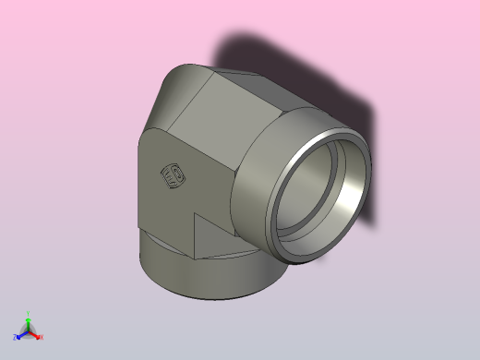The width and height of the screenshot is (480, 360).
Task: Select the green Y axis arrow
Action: [29, 320]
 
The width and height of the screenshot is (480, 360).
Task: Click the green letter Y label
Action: [29, 313]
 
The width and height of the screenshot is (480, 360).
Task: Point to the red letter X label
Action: [42, 338]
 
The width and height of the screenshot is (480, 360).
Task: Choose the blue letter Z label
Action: [15, 338]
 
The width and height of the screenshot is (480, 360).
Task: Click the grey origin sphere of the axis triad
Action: [29, 330]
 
